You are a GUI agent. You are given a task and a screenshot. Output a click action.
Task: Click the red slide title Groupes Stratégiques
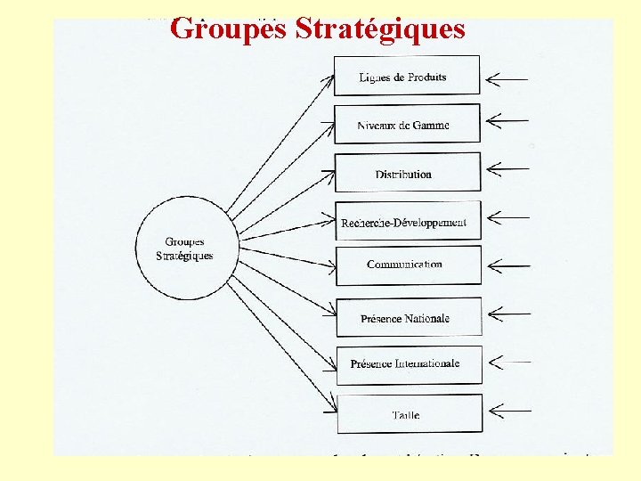click(317, 29)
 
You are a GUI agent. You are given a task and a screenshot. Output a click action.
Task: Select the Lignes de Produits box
click(407, 76)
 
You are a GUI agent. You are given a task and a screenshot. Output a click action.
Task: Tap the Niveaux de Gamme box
click(407, 124)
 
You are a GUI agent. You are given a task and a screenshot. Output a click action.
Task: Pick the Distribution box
click(407, 173)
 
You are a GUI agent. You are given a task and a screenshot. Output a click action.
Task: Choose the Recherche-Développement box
click(407, 221)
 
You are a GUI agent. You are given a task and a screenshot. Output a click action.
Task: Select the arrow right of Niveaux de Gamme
click(507, 118)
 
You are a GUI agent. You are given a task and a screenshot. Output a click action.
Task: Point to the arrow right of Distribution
click(507, 167)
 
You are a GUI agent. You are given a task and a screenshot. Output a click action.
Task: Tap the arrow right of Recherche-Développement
click(507, 216)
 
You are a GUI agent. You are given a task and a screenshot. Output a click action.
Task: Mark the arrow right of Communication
click(507, 265)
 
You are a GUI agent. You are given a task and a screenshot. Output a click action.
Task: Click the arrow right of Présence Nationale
click(507, 313)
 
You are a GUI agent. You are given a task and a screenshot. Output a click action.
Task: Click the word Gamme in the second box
click(431, 126)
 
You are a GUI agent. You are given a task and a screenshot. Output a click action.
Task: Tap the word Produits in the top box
click(426, 77)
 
